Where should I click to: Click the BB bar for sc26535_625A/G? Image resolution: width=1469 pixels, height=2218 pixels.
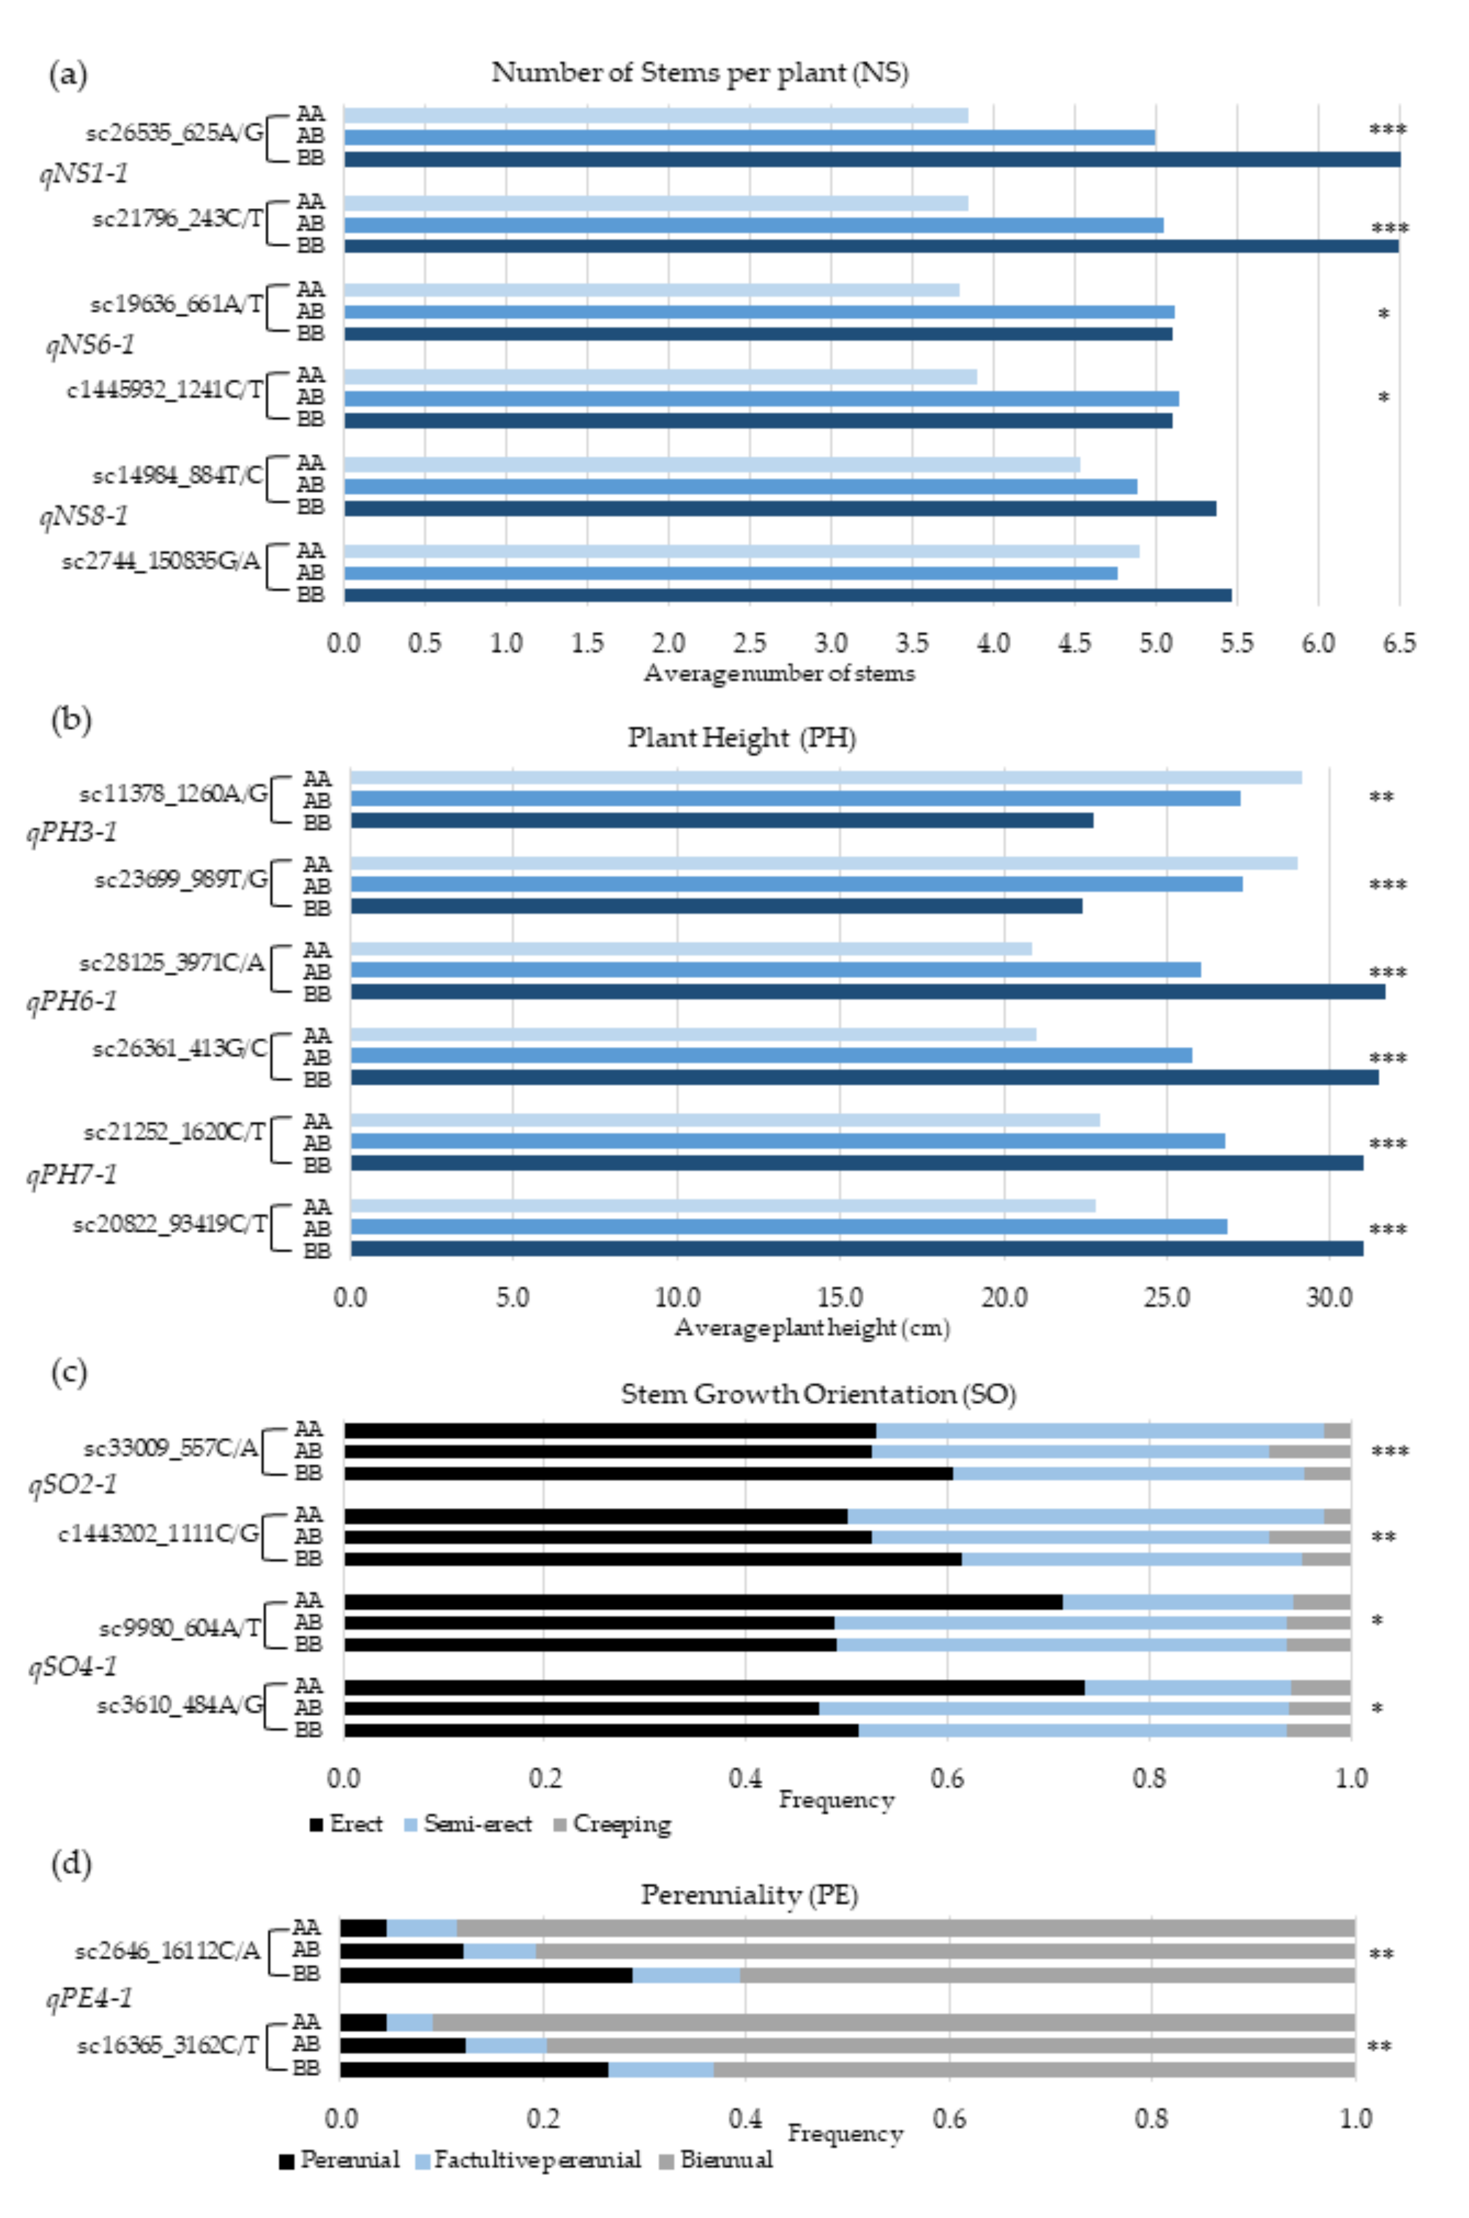(x=871, y=160)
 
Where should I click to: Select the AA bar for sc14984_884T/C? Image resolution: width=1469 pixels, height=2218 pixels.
(x=712, y=465)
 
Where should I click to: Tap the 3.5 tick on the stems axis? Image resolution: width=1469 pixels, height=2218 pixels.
(x=911, y=644)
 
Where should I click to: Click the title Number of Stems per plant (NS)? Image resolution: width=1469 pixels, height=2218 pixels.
(x=700, y=72)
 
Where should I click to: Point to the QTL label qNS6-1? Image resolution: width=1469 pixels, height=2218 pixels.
(x=90, y=345)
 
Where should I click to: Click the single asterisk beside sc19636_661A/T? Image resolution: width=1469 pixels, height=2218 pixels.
(x=1383, y=315)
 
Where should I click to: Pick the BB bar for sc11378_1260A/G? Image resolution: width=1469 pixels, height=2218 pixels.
(x=721, y=820)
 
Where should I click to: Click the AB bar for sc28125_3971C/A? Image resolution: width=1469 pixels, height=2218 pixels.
(x=776, y=969)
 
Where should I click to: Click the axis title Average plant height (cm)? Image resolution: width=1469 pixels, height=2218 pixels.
(x=811, y=1327)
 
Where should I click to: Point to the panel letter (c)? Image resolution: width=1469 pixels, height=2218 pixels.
(x=69, y=1371)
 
